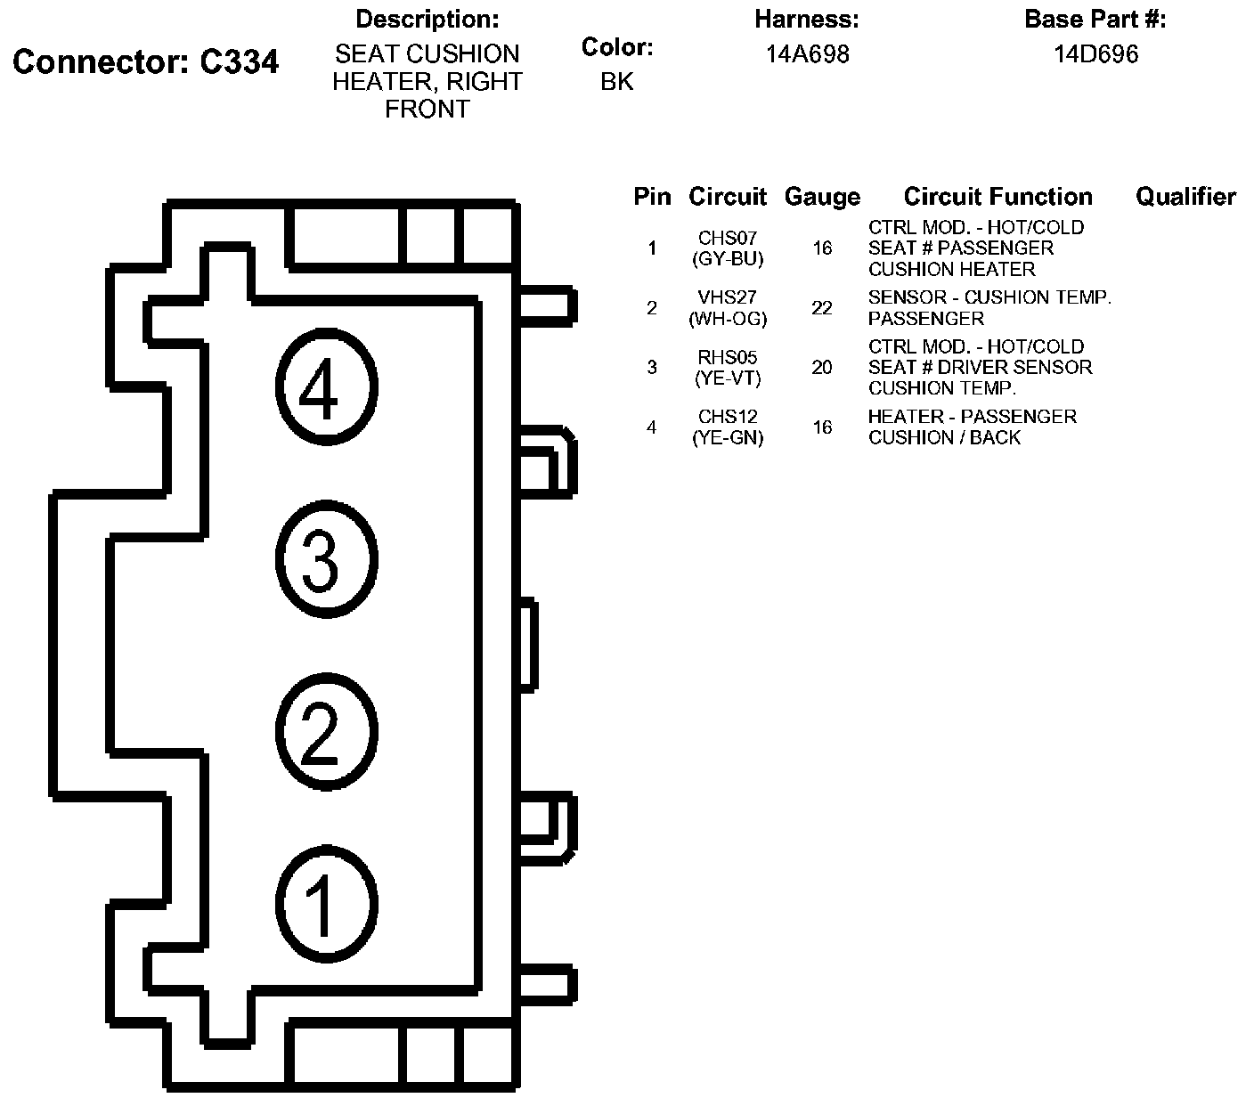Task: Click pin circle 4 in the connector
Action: click(x=326, y=387)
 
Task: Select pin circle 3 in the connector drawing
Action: click(x=326, y=560)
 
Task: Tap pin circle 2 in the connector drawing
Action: click(x=326, y=733)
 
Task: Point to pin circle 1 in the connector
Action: click(x=326, y=904)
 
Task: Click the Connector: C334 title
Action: click(x=146, y=61)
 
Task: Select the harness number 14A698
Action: click(x=807, y=54)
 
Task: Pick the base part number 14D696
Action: click(x=1095, y=54)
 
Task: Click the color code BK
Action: click(x=616, y=81)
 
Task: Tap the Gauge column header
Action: click(x=822, y=197)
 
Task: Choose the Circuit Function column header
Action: click(x=997, y=197)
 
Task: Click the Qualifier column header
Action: click(x=1185, y=197)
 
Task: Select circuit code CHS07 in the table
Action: click(x=728, y=238)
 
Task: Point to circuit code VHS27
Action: click(x=728, y=297)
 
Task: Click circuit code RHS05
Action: click(x=728, y=357)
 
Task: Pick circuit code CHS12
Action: click(x=728, y=417)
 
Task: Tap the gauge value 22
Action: click(x=822, y=308)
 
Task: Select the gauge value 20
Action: click(x=822, y=367)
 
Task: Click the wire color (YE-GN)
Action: click(x=728, y=437)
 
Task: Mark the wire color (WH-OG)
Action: click(x=728, y=318)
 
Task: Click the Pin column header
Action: click(x=652, y=197)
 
